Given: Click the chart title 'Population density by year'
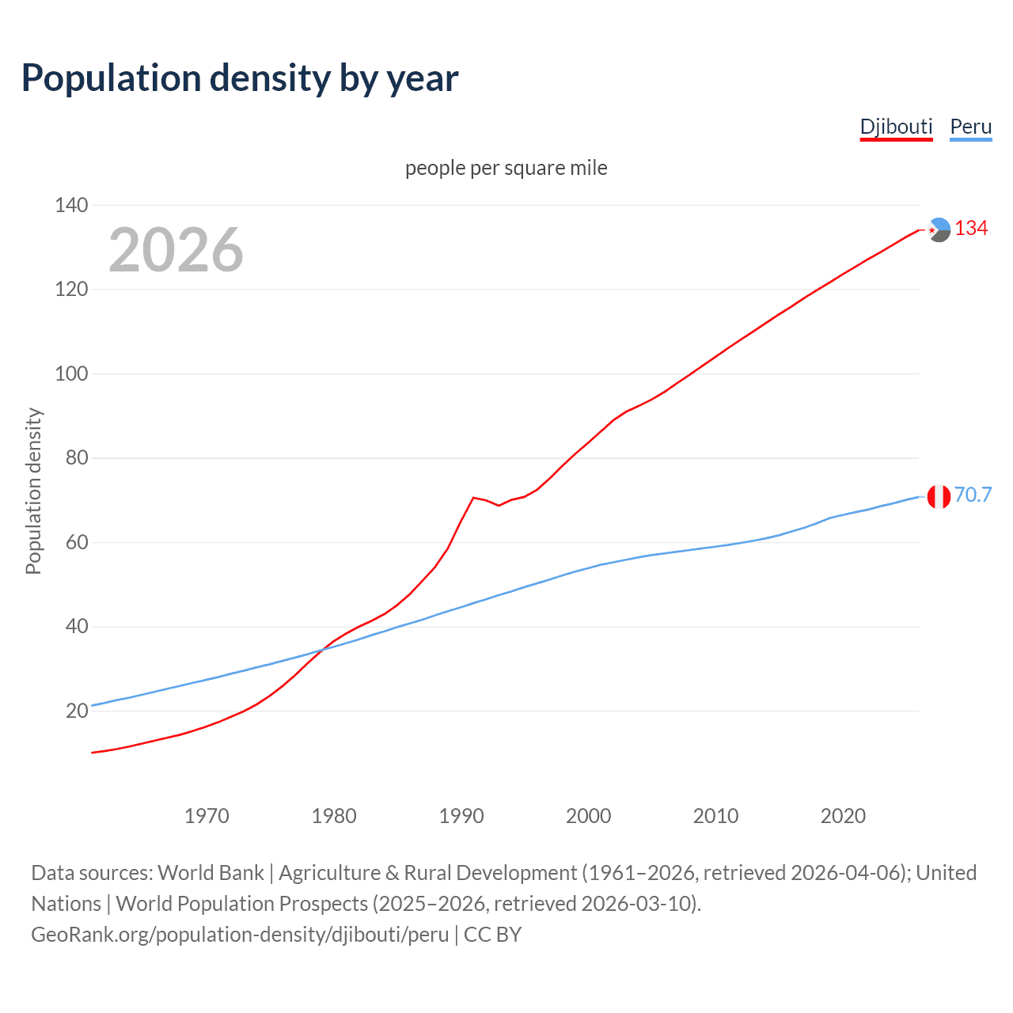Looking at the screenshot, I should [240, 78].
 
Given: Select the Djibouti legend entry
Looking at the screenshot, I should [896, 127].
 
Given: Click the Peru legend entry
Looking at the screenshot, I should [970, 127].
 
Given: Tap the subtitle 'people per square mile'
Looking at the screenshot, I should [506, 168].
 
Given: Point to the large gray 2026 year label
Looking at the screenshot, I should [176, 250].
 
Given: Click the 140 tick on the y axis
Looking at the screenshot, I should [71, 205].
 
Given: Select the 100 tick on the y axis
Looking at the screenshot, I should [71, 374].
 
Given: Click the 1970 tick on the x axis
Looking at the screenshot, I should [207, 815].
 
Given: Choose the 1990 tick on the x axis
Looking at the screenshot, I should [461, 815].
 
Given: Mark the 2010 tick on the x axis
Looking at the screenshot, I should [715, 815].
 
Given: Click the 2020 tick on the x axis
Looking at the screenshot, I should [843, 815].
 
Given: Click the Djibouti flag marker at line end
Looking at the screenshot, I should [939, 230].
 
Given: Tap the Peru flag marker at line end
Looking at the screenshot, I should [939, 497].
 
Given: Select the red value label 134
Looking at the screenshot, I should [971, 228].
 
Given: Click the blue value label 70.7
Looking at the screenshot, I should [973, 495].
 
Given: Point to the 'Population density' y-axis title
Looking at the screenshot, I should [33, 491].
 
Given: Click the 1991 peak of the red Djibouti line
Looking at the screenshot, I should [473, 498].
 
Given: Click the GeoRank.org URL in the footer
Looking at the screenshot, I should [240, 935].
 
